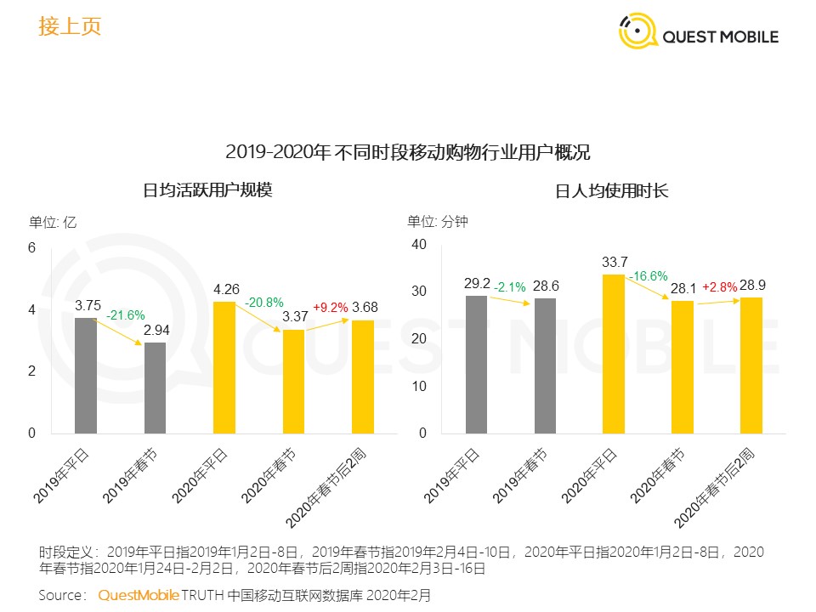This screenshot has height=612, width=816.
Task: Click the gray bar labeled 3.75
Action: [x=86, y=375]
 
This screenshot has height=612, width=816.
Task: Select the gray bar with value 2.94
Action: [x=155, y=388]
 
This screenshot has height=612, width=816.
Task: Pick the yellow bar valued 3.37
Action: [x=293, y=381]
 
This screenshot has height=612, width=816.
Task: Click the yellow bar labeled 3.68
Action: [x=363, y=377]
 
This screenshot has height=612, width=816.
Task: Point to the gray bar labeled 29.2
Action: [x=476, y=365]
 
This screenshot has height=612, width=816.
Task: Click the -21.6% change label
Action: [x=125, y=315]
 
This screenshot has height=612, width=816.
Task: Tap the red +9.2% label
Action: [x=331, y=308]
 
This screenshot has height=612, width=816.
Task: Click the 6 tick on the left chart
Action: [x=31, y=248]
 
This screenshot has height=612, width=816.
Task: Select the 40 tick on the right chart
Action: [x=418, y=245]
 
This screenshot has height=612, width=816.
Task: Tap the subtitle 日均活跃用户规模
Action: [x=207, y=190]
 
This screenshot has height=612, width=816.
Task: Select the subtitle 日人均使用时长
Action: [x=612, y=190]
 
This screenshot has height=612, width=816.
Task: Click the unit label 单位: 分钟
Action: [x=438, y=222]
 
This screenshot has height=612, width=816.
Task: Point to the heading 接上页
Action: [x=70, y=26]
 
